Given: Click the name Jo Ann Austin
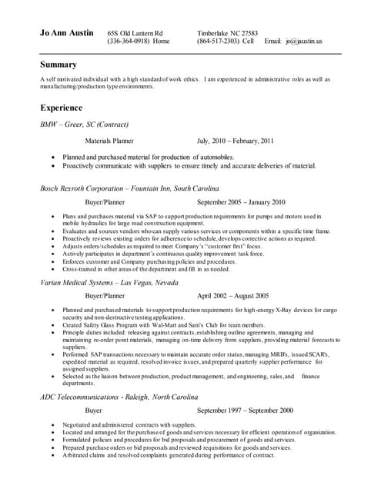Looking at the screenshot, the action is (x=67, y=34).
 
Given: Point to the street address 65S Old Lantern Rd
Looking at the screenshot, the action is (x=135, y=33).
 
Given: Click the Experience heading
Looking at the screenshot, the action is (x=62, y=108).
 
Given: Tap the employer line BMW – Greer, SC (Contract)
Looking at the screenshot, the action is (x=84, y=124).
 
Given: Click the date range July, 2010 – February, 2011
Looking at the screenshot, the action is (x=235, y=141).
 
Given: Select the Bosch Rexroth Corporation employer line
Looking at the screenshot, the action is (x=129, y=188).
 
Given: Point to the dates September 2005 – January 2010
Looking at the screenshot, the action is (x=241, y=202).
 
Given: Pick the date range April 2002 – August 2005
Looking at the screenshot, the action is (x=232, y=295).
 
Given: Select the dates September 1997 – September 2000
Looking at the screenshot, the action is (x=245, y=411).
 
